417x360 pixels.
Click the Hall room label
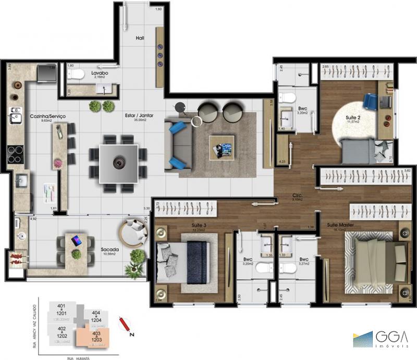coord(140,38)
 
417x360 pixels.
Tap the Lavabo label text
coord(100,73)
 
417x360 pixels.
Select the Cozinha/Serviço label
coord(47,116)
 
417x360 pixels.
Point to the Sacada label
coord(109,250)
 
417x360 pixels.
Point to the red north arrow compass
coord(125,325)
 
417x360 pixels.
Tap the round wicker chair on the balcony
coord(134,232)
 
